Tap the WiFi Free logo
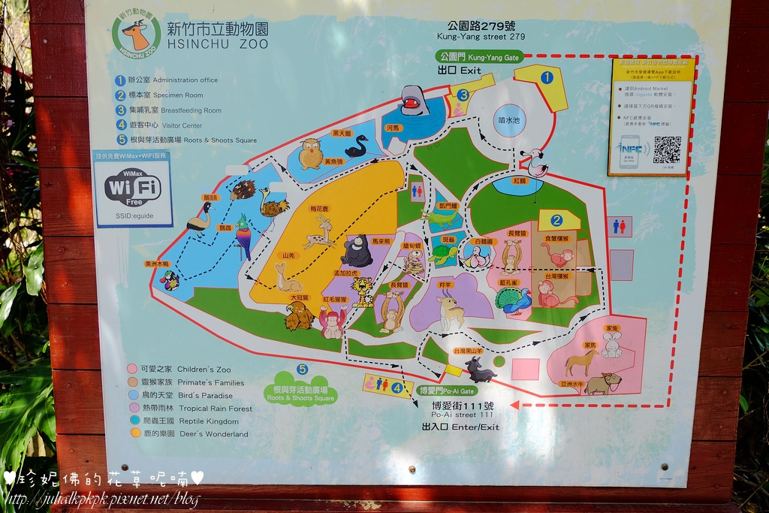[x=133, y=188]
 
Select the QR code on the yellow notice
[x=666, y=149]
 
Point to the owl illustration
[x=310, y=154]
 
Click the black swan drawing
[x=355, y=146]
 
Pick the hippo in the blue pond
[x=414, y=100]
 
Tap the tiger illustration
[x=363, y=291]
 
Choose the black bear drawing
[x=357, y=252]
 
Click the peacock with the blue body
[x=514, y=300]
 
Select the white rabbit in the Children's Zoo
[x=611, y=345]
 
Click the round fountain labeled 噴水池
[x=509, y=120]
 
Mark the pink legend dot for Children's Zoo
[x=132, y=369]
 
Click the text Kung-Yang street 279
[x=481, y=36]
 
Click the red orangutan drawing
[x=331, y=323]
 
